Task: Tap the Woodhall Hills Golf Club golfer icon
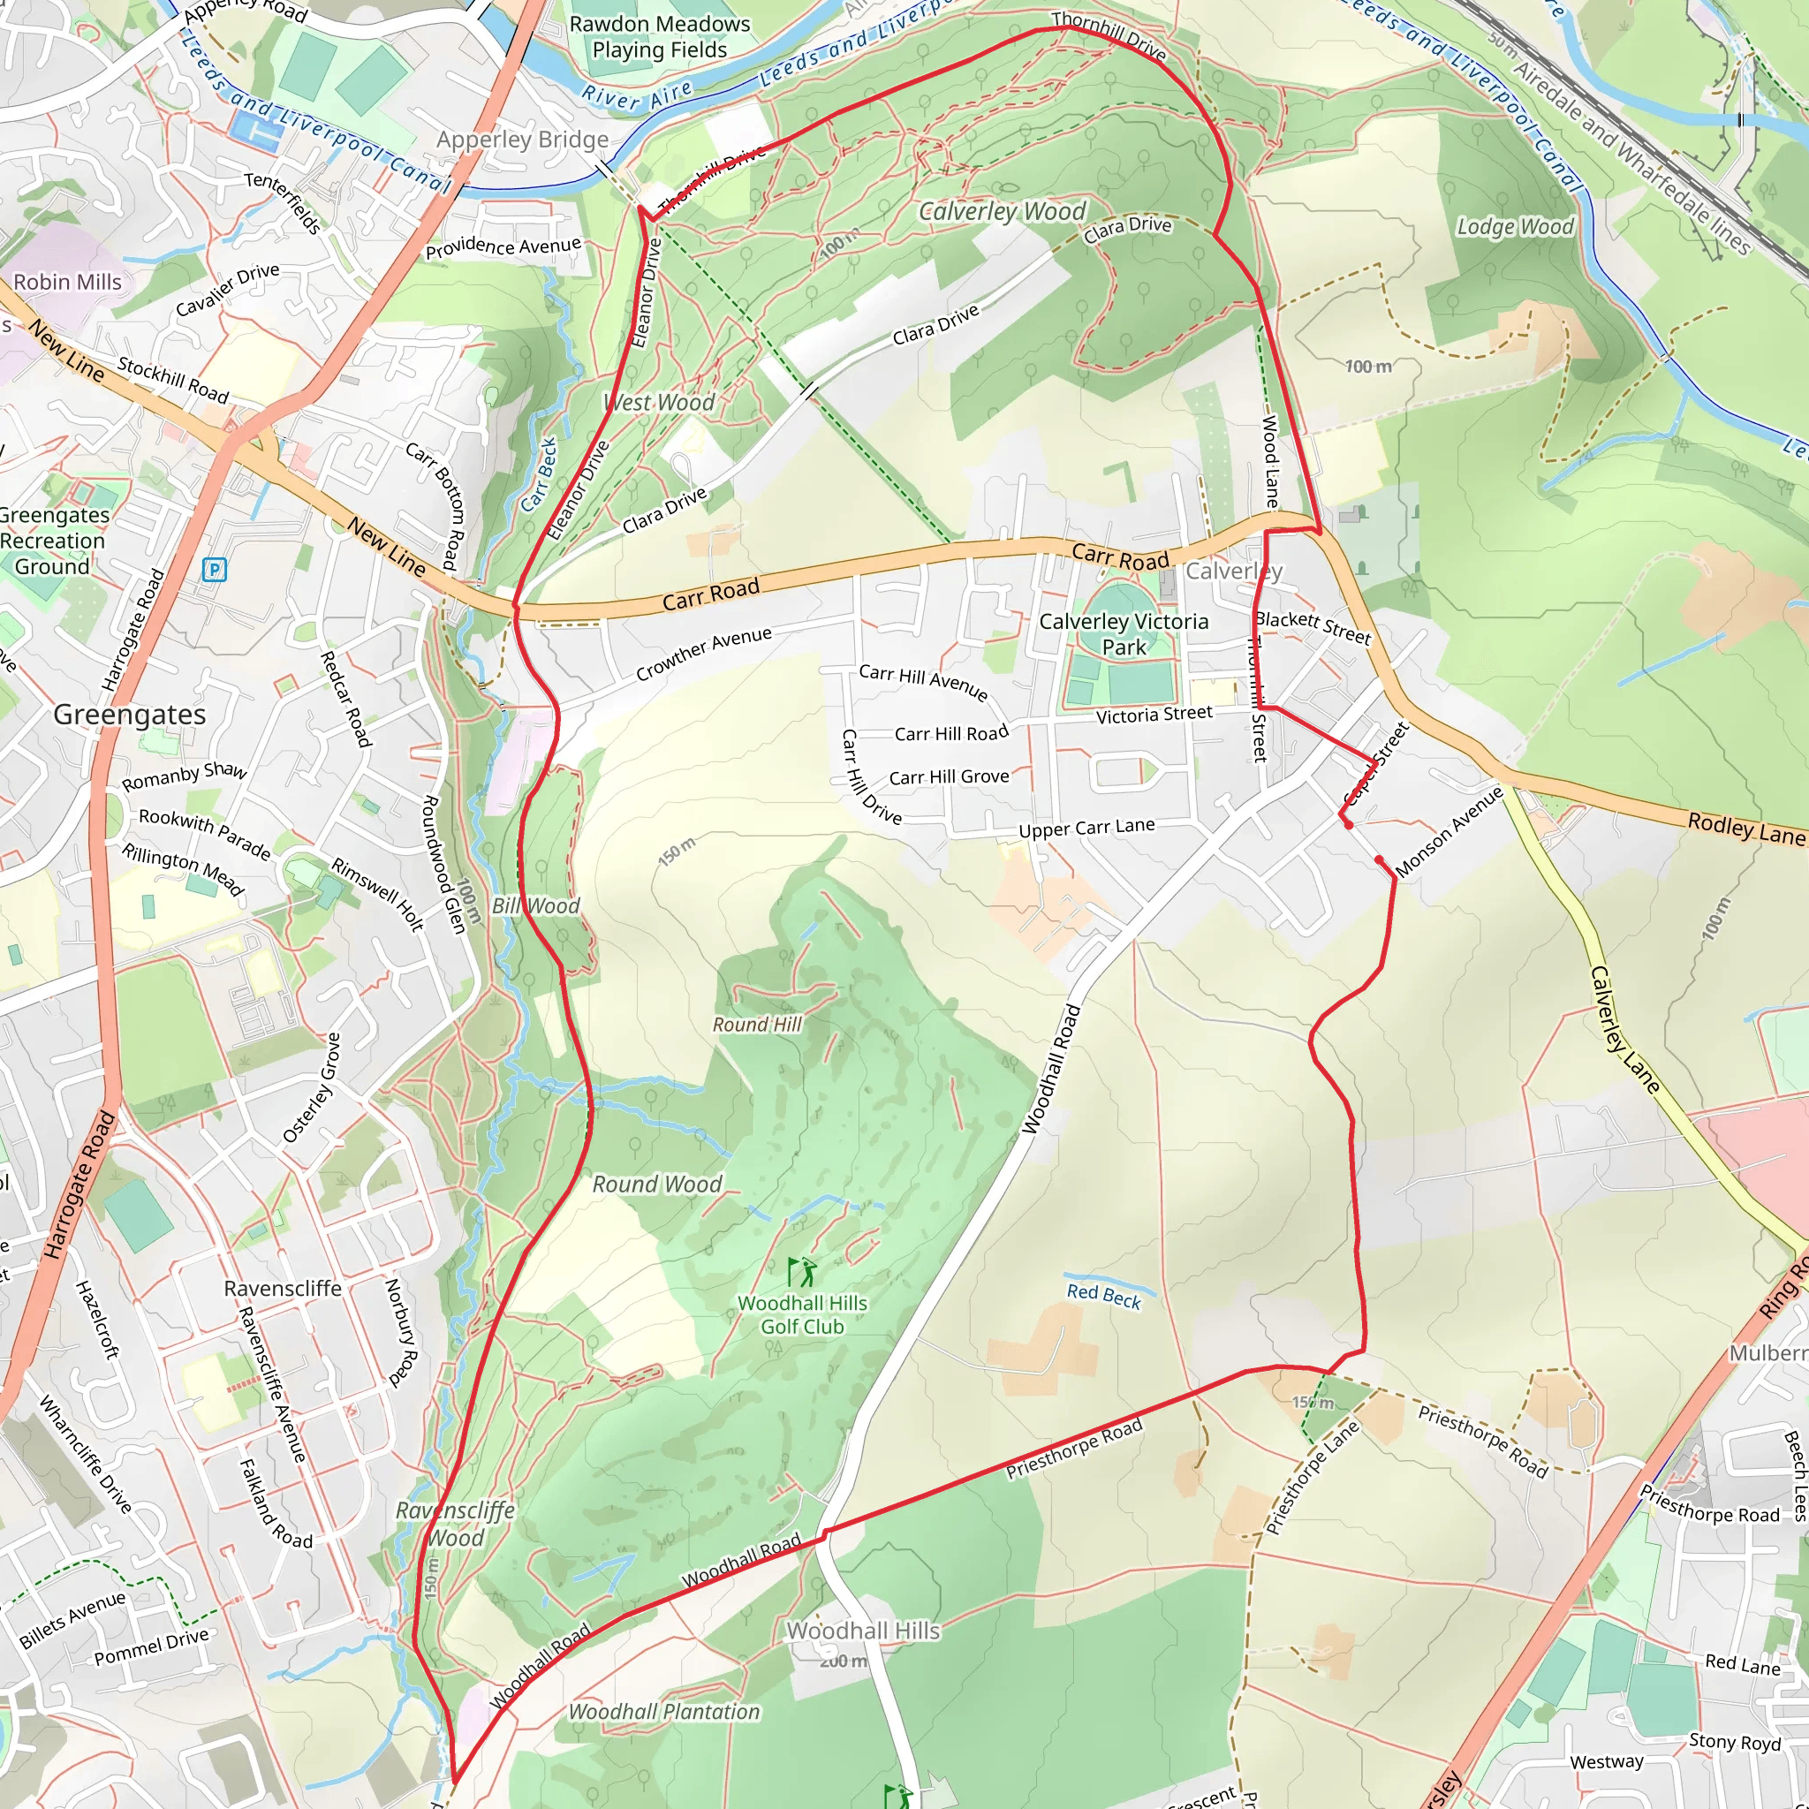(801, 1272)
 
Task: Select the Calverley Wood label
(1002, 212)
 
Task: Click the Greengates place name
(129, 715)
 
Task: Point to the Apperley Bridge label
(523, 140)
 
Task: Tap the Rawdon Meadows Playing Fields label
(659, 37)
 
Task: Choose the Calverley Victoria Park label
(1124, 634)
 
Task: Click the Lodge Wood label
(1515, 227)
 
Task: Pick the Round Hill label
(757, 1025)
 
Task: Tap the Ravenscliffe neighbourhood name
(282, 1289)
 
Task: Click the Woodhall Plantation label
(664, 1712)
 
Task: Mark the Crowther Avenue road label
(704, 653)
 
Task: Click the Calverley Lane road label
(1624, 1030)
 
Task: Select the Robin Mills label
(67, 282)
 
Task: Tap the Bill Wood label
(535, 905)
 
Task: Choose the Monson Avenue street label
(1449, 831)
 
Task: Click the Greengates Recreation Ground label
(53, 541)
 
